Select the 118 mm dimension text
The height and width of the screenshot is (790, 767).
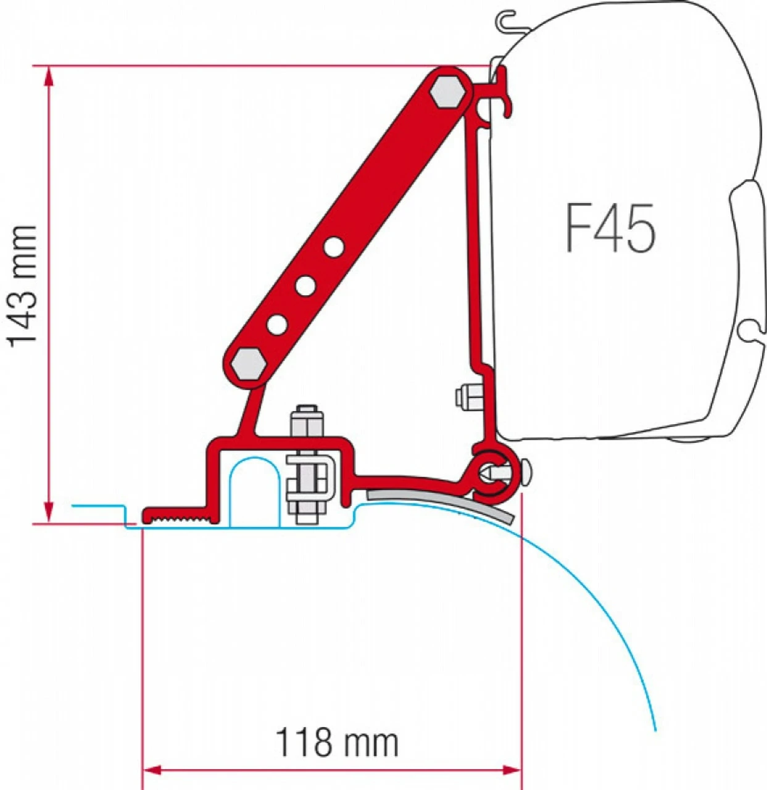pos(336,742)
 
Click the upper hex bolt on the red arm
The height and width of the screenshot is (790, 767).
pos(448,92)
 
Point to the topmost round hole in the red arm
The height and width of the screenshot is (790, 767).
pos(334,247)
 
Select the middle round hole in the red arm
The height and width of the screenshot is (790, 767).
pos(305,285)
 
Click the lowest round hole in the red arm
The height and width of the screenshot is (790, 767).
pos(277,323)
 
